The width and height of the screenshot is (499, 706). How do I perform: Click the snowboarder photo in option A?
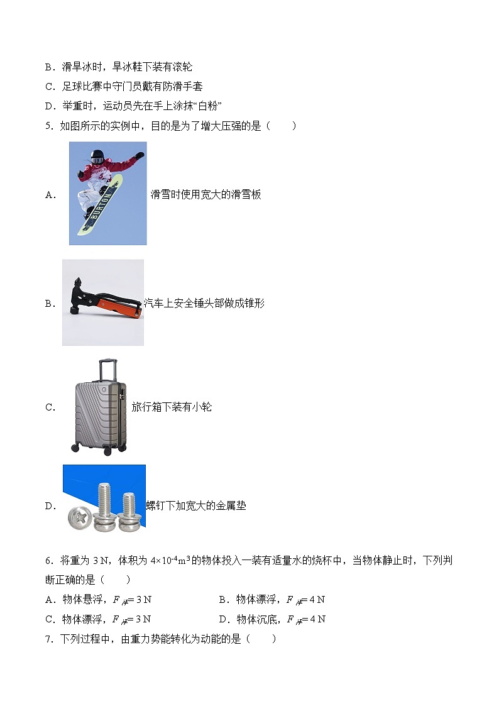click(107, 193)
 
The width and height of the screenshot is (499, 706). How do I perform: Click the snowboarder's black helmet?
click(96, 155)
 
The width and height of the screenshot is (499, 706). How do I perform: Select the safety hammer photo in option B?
click(102, 302)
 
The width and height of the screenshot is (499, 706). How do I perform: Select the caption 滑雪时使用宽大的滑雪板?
click(206, 194)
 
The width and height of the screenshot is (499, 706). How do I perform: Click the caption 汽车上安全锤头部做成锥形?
click(204, 304)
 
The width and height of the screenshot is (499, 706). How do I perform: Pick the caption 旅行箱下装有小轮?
click(172, 407)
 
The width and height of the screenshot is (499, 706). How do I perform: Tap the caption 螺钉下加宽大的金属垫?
click(195, 505)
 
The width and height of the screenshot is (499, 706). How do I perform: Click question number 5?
click(49, 126)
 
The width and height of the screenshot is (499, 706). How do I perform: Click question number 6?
click(49, 561)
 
